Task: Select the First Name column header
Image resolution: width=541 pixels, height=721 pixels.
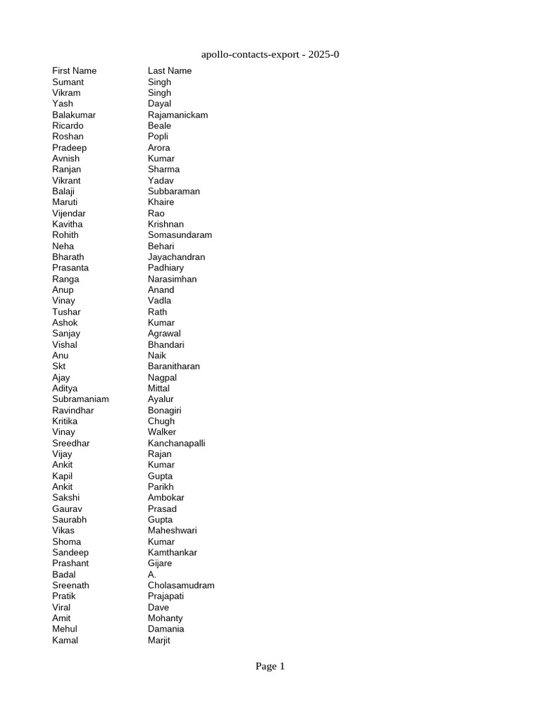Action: pos(74,71)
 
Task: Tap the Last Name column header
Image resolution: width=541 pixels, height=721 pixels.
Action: pos(169,71)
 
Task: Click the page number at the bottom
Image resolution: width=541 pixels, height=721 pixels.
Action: pos(270,666)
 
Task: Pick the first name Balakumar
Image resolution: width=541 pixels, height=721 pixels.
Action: pos(74,115)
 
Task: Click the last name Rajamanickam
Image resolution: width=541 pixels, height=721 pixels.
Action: pos(178,115)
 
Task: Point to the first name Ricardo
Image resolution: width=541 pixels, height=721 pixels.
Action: pos(68,126)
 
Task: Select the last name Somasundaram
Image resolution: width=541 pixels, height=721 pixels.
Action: pos(180,235)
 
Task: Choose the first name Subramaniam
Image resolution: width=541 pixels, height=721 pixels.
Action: pos(80,399)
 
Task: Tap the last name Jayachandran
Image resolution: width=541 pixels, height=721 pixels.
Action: pos(176,257)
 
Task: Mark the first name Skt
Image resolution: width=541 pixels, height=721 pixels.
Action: pos(59,367)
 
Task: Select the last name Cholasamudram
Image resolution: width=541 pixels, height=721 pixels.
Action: pos(181,586)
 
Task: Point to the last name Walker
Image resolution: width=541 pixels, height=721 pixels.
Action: pos(162,432)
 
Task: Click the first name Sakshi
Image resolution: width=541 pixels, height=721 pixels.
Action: pos(66,498)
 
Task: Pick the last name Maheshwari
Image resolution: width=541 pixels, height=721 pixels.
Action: pos(172,531)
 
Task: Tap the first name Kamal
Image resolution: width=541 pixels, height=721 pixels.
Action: pos(65,641)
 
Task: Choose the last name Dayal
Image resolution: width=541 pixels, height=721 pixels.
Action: pos(160,104)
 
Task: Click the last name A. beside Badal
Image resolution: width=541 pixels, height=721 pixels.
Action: pos(152,575)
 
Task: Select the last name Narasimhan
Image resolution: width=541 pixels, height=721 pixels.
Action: pos(172,280)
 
